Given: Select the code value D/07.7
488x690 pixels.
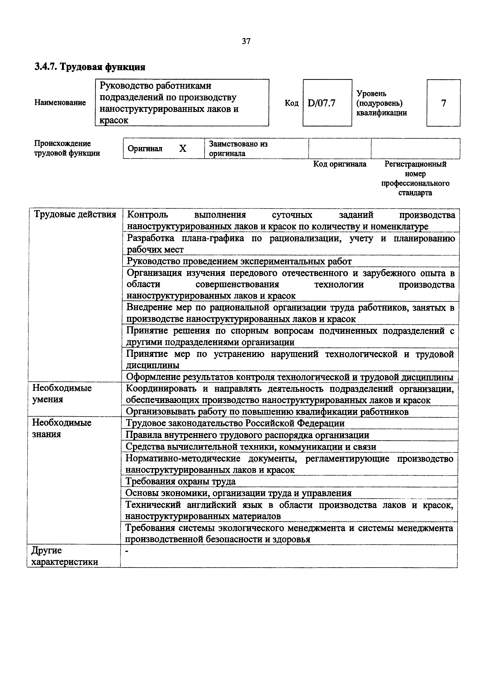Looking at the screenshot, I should click(x=321, y=103).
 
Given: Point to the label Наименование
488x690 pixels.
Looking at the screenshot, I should click(x=60, y=103).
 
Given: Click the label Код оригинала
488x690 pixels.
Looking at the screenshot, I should click(x=340, y=164).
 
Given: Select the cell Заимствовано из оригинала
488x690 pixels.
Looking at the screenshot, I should click(x=238, y=149).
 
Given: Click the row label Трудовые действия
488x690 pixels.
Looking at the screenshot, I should click(x=75, y=215).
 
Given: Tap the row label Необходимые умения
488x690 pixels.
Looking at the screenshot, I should click(x=62, y=394).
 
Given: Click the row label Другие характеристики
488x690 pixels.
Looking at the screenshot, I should click(x=65, y=556).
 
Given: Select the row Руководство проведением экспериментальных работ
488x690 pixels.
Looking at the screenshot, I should click(x=239, y=261).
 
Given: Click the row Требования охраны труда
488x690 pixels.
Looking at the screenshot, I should click(x=180, y=482).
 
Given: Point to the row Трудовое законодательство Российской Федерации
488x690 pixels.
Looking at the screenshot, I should click(x=235, y=423).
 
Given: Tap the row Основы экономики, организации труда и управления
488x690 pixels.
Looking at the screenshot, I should click(x=238, y=493).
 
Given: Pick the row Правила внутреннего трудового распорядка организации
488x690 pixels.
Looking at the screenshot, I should click(x=247, y=435).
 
